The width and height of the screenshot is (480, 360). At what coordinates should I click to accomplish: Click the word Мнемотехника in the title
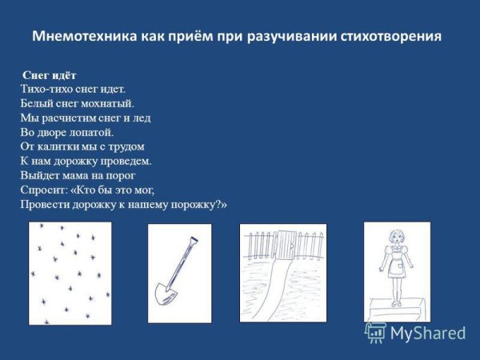point(85,36)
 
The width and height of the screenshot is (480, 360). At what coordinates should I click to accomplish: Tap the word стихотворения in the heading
point(390,37)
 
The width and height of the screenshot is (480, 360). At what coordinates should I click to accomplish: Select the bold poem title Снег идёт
point(50,75)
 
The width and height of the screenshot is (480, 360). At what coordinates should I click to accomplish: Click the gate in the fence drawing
point(286,246)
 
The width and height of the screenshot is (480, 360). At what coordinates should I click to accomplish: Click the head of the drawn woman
point(395,238)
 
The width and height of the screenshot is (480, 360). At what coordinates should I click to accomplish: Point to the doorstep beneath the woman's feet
point(397,309)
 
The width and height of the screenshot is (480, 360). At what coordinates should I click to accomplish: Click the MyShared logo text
point(428,333)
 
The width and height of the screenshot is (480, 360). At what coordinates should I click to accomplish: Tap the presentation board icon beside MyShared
point(376,333)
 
